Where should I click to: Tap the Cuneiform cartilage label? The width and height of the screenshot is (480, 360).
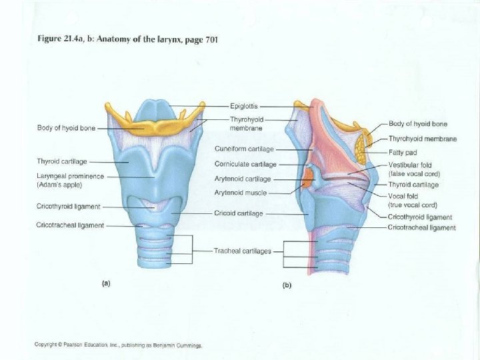tap(244, 149)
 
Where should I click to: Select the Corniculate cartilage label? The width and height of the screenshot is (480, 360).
tap(245, 164)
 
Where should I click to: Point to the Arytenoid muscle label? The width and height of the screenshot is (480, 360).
tap(241, 193)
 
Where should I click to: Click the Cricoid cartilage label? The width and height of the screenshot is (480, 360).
tap(239, 213)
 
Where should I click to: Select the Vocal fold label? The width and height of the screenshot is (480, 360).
tap(403, 196)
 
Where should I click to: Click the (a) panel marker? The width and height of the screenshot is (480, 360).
tap(105, 283)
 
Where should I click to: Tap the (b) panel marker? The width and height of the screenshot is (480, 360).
tap(287, 285)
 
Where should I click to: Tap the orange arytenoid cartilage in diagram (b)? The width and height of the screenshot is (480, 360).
tap(309, 178)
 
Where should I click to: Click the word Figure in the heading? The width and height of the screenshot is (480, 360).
tap(47, 40)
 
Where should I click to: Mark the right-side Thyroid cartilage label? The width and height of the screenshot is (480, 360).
tap(413, 185)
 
